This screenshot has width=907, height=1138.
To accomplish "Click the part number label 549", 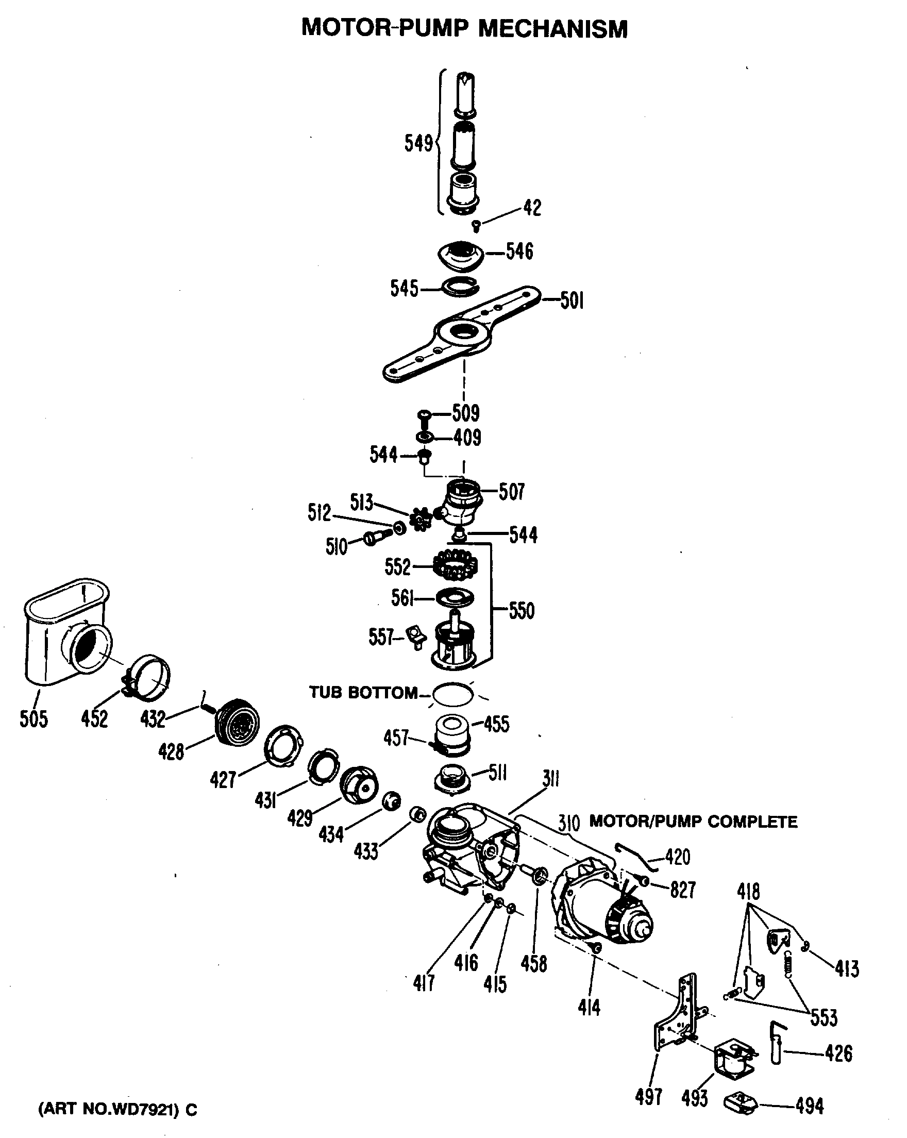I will click(418, 143).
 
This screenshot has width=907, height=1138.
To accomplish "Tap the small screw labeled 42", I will click(476, 226).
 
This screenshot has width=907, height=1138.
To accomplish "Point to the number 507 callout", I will click(511, 491).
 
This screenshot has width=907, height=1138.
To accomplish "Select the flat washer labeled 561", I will click(455, 598).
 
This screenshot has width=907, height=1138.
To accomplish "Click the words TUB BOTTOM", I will click(363, 693).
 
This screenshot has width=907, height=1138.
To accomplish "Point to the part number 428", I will click(171, 752).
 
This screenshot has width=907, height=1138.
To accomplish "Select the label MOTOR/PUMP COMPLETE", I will click(693, 822).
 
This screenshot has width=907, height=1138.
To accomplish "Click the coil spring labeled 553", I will click(788, 963).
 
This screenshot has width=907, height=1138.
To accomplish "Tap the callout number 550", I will click(522, 611).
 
